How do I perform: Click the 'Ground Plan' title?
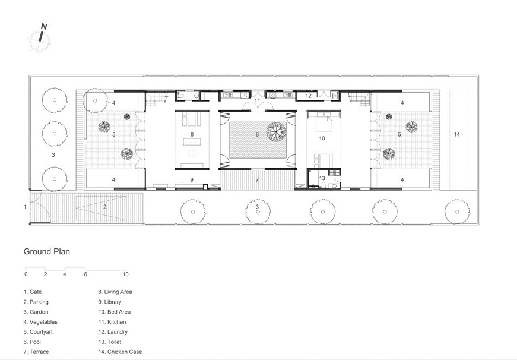click(46, 251)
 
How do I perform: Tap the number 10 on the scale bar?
click(125, 274)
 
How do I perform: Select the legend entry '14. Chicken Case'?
click(120, 352)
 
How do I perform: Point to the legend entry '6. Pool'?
click(32, 342)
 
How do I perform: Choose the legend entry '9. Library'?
click(110, 302)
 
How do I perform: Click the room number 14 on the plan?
click(456, 134)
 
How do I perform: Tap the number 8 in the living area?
click(192, 134)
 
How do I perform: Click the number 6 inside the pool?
click(257, 134)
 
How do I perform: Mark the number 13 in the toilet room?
click(322, 178)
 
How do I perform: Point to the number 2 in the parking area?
click(105, 207)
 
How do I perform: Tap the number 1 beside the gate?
click(25, 207)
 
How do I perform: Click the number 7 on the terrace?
click(257, 180)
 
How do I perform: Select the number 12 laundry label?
click(308, 96)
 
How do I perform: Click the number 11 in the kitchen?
click(257, 100)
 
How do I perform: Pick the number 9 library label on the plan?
click(192, 180)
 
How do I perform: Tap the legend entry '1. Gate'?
click(33, 292)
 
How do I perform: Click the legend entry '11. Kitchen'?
click(112, 322)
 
